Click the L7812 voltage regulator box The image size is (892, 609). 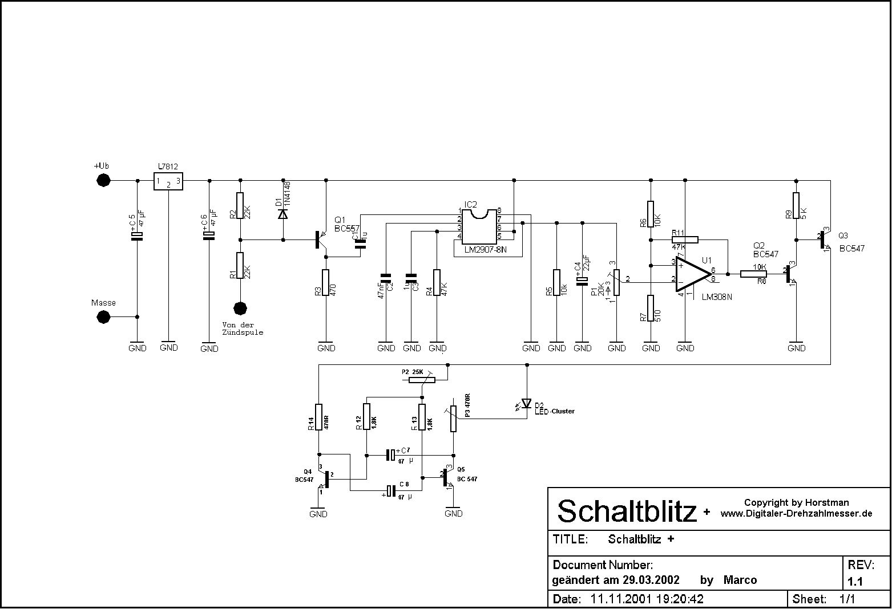pos(168,181)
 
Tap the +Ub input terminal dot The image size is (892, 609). pos(103,181)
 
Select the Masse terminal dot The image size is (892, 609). pos(103,317)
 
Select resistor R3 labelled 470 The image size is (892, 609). pos(326,283)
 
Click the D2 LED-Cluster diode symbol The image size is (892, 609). pos(526,404)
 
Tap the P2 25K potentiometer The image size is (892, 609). pos(421,380)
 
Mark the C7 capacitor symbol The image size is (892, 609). pos(391,455)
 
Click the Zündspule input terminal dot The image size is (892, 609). pos(240,308)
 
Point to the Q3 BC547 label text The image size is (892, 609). pos(851,242)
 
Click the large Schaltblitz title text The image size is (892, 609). pos(627,511)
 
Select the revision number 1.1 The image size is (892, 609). pos(854,582)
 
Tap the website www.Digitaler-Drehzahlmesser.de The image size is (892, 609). pos(796,513)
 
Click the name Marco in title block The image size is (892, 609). pos(740,580)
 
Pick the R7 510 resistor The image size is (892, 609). pos(651,308)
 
